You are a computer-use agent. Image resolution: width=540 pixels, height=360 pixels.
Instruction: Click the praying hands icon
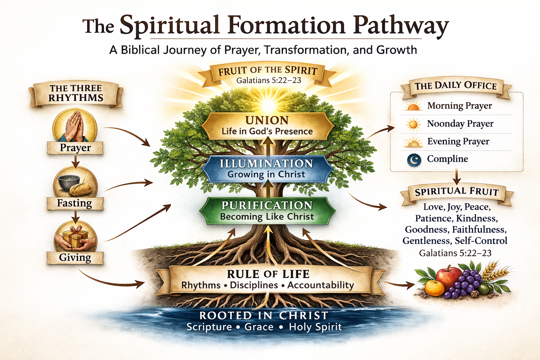[75, 126]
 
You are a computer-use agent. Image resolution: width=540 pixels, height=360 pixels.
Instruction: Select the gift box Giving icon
[75, 237]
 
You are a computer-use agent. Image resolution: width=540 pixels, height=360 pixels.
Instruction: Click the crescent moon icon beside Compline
[414, 160]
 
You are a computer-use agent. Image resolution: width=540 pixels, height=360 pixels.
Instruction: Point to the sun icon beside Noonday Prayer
[413, 124]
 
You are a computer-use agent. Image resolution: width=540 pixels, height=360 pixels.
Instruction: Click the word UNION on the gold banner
[267, 120]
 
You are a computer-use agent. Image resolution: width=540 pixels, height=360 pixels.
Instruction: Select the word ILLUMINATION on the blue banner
[266, 163]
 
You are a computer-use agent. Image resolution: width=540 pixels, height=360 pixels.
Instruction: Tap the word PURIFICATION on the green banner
[267, 205]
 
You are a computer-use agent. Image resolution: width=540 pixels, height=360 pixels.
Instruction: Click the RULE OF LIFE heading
[268, 274]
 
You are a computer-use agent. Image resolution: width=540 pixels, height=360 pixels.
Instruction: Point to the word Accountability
[321, 285]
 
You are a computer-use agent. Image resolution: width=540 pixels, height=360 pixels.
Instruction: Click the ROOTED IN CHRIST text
[264, 315]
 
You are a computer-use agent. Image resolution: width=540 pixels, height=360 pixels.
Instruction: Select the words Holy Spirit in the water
[315, 327]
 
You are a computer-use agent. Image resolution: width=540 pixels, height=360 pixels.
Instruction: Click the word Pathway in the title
[401, 25]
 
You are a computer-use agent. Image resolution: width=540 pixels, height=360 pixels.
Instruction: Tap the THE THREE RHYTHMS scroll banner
[76, 93]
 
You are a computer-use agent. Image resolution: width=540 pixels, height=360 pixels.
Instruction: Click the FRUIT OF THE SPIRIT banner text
[268, 71]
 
